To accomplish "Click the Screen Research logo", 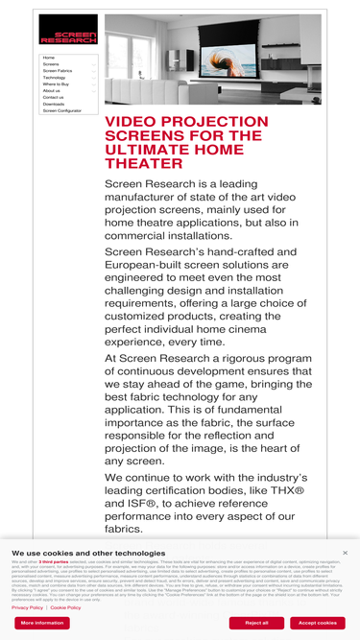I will [x=68, y=30].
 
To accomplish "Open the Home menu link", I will [x=49, y=58].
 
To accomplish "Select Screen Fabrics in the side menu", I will [x=58, y=71].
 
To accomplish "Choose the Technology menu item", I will [x=54, y=78].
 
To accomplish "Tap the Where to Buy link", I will [x=56, y=84].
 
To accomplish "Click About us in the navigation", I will [x=51, y=91].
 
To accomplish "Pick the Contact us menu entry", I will [x=53, y=97].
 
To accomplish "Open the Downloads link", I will [x=54, y=104].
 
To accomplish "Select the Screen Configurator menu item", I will [x=62, y=110].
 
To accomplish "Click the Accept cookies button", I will [x=317, y=623].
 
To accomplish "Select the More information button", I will [x=42, y=623].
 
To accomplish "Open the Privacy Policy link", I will [x=27, y=607].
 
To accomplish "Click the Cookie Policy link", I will [x=65, y=607].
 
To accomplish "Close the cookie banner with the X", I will [x=345, y=553].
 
